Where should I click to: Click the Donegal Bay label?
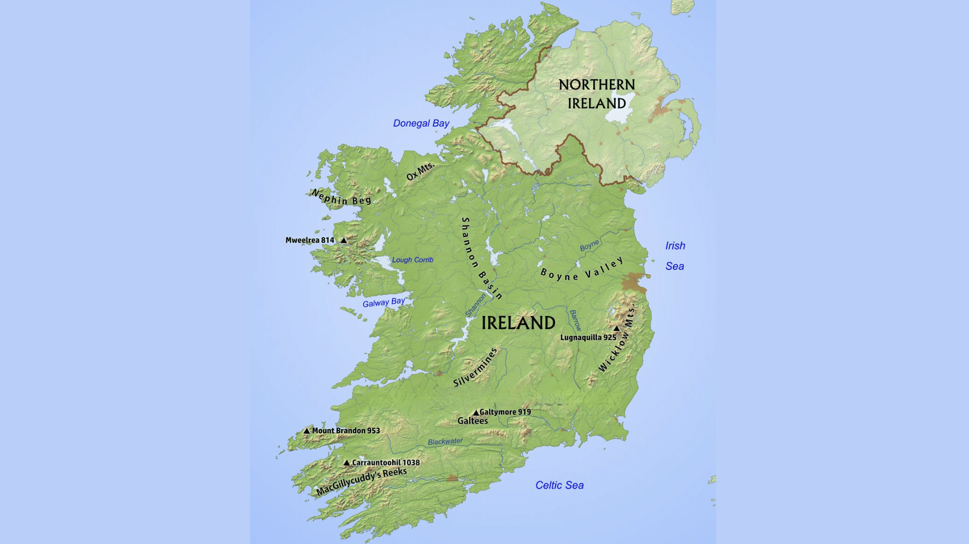click(x=421, y=123)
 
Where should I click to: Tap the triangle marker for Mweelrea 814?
click(x=344, y=240)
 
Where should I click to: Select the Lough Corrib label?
click(x=413, y=260)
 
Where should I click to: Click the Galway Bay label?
click(x=384, y=302)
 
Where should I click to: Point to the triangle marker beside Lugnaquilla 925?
click(x=617, y=329)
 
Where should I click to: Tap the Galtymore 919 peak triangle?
click(x=476, y=413)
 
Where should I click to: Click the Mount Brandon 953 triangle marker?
click(x=307, y=431)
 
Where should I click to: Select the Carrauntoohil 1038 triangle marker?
click(x=346, y=463)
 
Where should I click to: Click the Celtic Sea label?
click(x=559, y=485)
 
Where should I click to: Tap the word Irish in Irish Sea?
click(x=675, y=246)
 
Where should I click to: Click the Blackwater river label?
click(x=445, y=442)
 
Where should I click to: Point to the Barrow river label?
click(x=575, y=320)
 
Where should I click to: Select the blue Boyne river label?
click(x=589, y=246)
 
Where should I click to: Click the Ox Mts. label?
click(x=420, y=171)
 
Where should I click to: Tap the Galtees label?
click(x=472, y=421)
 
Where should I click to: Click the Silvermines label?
click(x=475, y=368)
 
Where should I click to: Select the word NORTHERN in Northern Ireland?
click(x=596, y=85)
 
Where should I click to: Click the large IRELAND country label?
click(x=518, y=323)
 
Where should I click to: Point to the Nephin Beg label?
click(x=342, y=198)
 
